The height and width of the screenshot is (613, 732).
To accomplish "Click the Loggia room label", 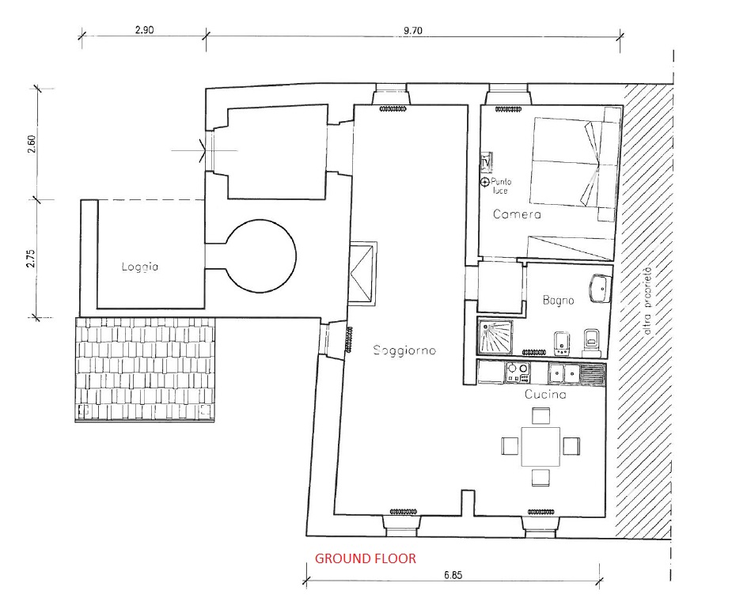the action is point(139,267).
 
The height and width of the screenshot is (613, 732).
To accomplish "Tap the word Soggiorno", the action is point(404,350).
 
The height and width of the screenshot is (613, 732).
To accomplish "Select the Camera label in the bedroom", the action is point(517,214).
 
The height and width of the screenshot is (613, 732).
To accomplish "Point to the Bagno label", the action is point(558,300).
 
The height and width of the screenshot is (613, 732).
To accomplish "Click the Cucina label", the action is point(545,394).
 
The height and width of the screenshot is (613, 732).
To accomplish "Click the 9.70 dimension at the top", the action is point(412,30).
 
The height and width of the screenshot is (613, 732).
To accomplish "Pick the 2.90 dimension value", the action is point(144,30).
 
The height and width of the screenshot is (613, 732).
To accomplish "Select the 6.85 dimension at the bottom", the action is point(453,575).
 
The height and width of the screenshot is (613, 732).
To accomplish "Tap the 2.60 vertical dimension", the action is point(31,144).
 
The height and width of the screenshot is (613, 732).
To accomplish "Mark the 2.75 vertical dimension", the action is point(31,259).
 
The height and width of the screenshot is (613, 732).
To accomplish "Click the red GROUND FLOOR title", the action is point(365,558).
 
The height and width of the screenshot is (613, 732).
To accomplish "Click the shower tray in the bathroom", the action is point(495,336).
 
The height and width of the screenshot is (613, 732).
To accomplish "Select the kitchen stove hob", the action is point(518,373).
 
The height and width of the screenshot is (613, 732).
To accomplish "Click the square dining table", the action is point(540,446).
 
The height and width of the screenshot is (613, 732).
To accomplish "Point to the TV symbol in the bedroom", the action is point(486,162).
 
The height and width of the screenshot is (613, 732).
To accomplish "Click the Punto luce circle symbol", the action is point(485,182).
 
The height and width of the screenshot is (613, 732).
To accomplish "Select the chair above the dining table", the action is point(540,416).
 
